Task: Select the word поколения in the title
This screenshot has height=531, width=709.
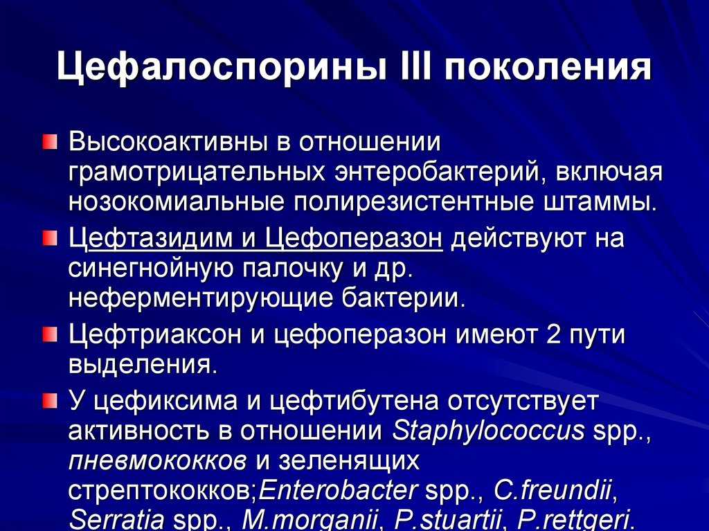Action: pos(548,68)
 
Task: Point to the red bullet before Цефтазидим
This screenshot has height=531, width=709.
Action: pos(50,238)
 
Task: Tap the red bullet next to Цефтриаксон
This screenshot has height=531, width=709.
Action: pos(50,335)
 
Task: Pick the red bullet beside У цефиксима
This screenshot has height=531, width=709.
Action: pos(50,400)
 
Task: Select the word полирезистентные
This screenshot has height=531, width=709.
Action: pos(414,202)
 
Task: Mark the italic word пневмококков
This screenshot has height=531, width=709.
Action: pos(158,461)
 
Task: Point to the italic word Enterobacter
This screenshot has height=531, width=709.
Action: pos(338,490)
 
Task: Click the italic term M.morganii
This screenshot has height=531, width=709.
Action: pos(311,520)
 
